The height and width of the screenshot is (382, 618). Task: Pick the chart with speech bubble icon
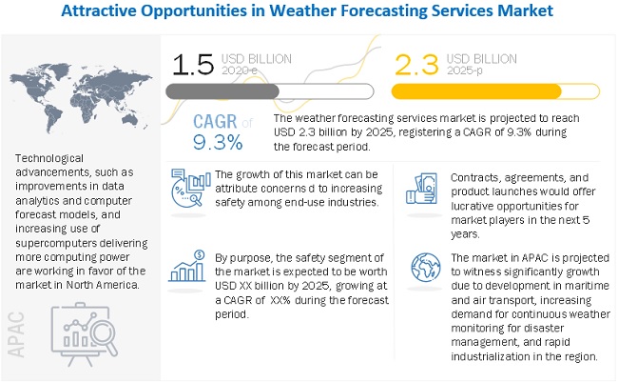click(186, 188)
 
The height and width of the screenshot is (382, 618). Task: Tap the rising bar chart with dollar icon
click(187, 267)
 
